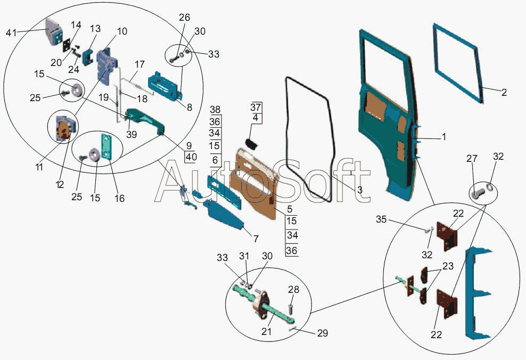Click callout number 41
pos(11,33)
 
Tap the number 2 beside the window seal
pos(504,93)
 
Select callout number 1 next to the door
pos(444,137)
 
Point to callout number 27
pos(472,158)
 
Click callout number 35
pos(381,219)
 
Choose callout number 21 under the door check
pos(266,331)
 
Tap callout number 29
pos(323,333)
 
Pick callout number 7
pos(256,239)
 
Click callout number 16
pos(119,198)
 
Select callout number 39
pos(131,134)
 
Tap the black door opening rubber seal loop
pos(310,140)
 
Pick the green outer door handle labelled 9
pos(145,121)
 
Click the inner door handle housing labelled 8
pos(166,86)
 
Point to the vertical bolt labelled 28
pos(290,306)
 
